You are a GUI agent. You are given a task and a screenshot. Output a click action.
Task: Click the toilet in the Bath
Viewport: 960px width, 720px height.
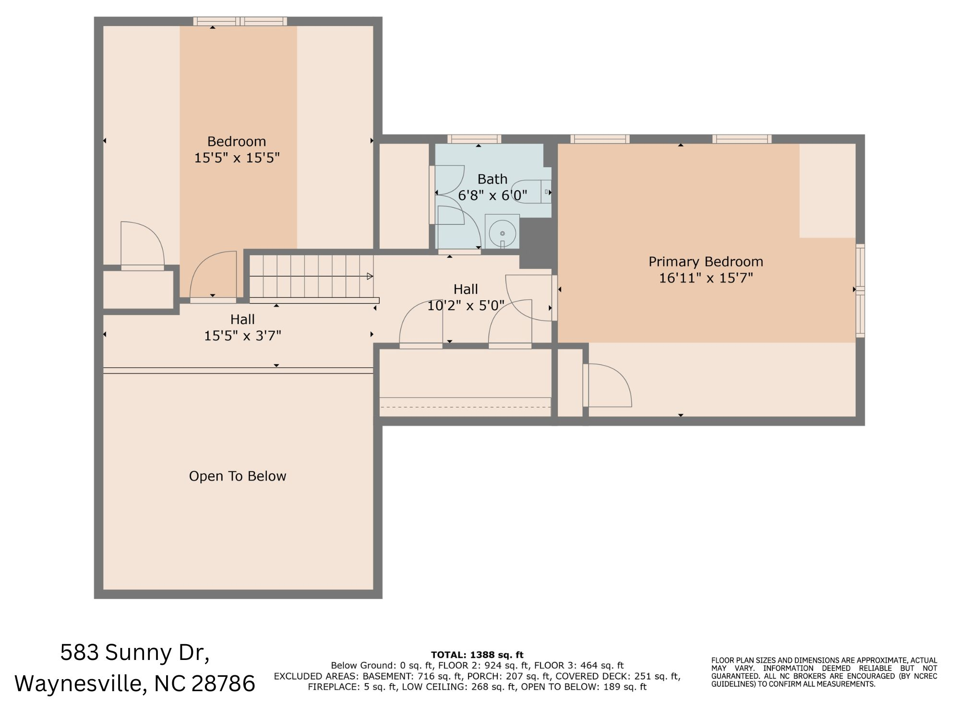click(x=530, y=192)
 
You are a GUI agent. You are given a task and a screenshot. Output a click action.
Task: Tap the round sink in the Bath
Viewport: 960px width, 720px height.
click(x=502, y=233)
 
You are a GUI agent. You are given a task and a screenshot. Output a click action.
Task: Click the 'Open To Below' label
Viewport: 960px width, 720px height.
click(x=238, y=476)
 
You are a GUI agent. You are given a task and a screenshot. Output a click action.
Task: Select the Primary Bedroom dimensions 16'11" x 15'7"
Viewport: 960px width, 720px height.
click(x=706, y=278)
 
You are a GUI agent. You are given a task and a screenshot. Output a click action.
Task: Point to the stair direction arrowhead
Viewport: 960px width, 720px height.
click(x=370, y=276)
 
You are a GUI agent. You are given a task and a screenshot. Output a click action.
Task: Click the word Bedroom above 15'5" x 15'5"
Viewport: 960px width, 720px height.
click(x=236, y=141)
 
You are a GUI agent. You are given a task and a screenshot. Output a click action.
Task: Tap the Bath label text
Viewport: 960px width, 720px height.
click(x=492, y=179)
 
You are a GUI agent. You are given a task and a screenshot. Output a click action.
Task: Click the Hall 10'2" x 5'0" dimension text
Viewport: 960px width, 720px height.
click(x=466, y=305)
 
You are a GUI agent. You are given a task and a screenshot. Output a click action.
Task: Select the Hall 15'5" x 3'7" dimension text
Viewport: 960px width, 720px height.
click(x=242, y=335)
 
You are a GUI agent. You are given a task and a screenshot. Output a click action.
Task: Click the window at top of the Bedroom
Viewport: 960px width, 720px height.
click(x=240, y=21)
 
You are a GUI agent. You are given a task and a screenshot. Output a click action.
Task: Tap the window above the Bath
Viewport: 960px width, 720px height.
click(x=474, y=139)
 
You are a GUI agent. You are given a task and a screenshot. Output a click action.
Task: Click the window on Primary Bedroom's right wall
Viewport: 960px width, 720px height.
click(x=860, y=290)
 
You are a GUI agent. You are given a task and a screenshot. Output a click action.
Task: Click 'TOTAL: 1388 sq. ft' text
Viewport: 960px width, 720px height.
click(x=477, y=655)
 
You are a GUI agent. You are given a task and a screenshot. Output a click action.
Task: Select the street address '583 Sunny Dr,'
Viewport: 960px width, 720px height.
click(x=135, y=652)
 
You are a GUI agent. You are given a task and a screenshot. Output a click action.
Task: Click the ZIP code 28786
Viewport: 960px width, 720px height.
click(x=223, y=683)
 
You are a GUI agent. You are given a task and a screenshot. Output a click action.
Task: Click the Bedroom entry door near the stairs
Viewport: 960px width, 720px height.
click(x=214, y=276)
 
